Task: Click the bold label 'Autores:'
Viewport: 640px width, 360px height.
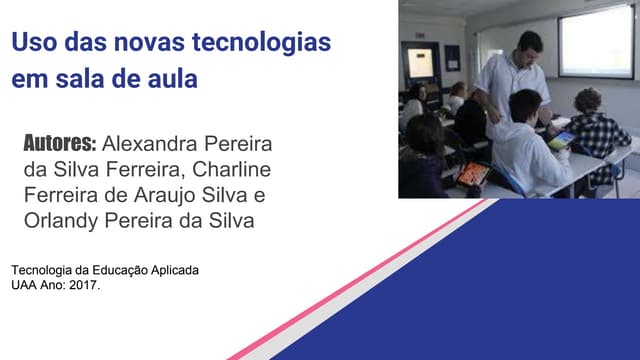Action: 59,143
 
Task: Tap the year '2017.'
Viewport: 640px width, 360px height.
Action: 84,285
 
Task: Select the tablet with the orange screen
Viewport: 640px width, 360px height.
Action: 474,176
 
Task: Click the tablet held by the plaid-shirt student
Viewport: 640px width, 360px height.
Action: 563,139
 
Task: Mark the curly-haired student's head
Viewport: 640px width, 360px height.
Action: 587,101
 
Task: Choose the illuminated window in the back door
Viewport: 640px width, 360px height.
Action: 421,62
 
